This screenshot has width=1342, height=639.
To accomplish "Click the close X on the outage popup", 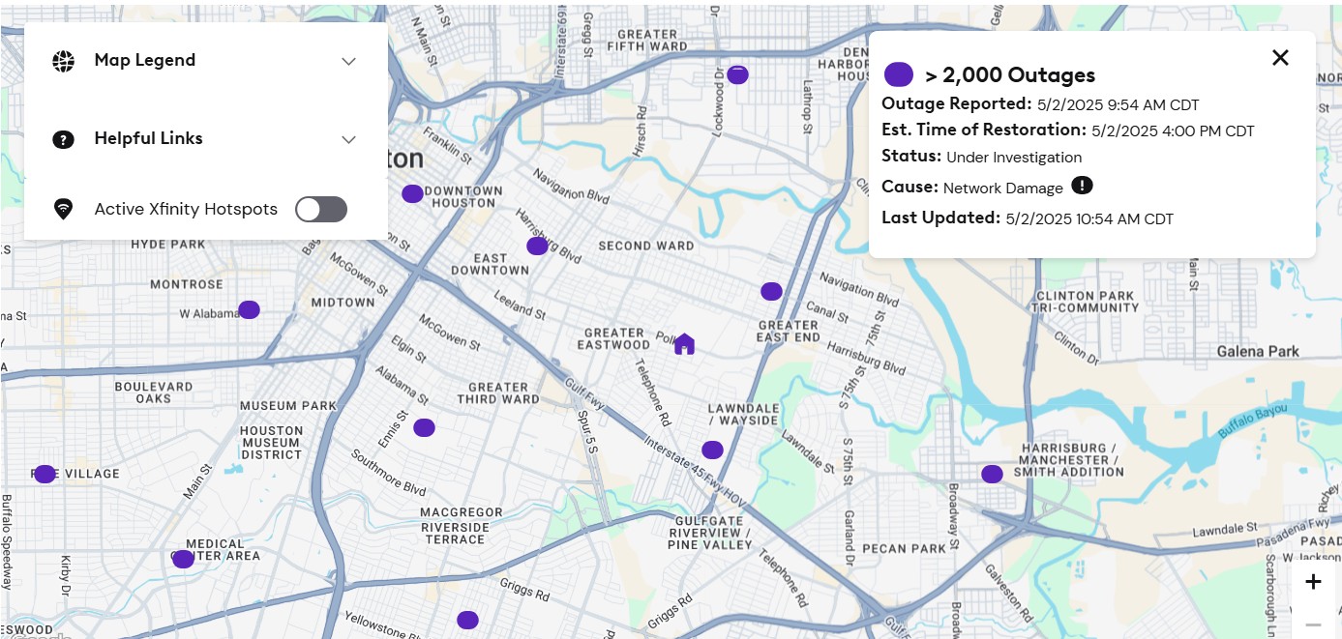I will pyautogui.click(x=1280, y=58).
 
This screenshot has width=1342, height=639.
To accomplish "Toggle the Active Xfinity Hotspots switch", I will pyautogui.click(x=321, y=209).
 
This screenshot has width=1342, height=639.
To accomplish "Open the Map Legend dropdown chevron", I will pyautogui.click(x=349, y=61).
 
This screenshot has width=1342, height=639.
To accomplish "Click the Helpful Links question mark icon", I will pyautogui.click(x=63, y=139).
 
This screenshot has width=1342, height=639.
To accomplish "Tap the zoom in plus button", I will pyautogui.click(x=1313, y=582).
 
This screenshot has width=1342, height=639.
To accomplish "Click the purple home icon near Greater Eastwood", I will pyautogui.click(x=684, y=343).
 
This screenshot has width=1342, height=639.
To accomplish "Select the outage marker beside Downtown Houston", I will pyautogui.click(x=412, y=193).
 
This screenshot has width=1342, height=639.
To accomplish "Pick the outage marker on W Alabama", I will pyautogui.click(x=249, y=309).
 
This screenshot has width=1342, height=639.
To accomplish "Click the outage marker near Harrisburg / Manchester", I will pyautogui.click(x=992, y=474).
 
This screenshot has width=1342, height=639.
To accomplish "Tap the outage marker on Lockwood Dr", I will pyautogui.click(x=737, y=74).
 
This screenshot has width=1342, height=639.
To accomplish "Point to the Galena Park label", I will pyautogui.click(x=1258, y=351).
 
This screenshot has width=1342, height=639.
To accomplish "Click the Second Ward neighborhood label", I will pyautogui.click(x=646, y=246).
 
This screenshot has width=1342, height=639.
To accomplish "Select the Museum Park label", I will pyautogui.click(x=288, y=406).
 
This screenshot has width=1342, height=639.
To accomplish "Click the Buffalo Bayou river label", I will pyautogui.click(x=1255, y=422).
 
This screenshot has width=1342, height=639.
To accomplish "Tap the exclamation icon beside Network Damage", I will pyautogui.click(x=1082, y=186).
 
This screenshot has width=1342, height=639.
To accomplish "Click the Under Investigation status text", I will pyautogui.click(x=1014, y=158).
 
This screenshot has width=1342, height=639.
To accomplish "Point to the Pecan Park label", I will pyautogui.click(x=904, y=548).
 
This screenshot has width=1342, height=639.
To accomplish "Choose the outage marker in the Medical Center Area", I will pyautogui.click(x=183, y=559).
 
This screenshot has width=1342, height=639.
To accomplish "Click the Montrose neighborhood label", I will pyautogui.click(x=187, y=284).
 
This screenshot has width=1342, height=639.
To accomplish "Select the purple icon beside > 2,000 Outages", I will pyautogui.click(x=899, y=74).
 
